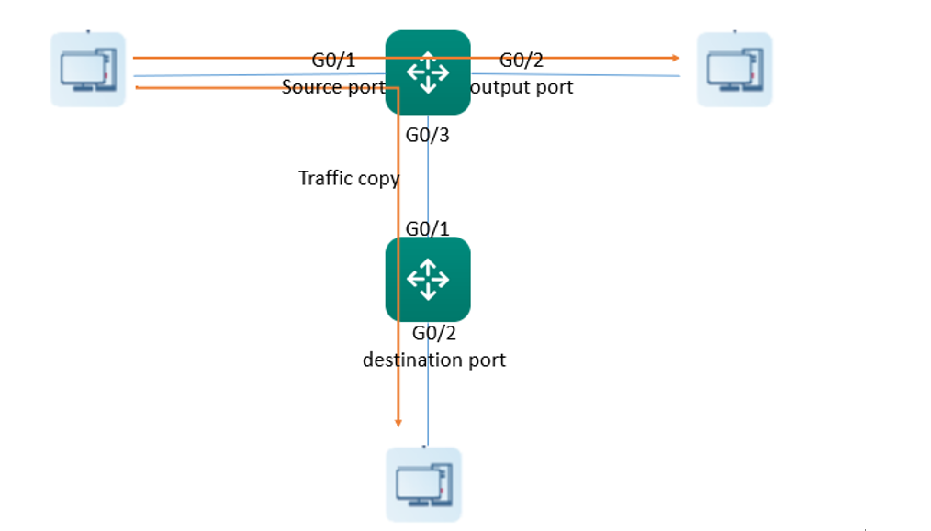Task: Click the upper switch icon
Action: [x=428, y=72]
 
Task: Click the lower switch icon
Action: [x=428, y=280]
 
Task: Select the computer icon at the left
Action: [x=88, y=70]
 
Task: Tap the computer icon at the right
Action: [x=735, y=70]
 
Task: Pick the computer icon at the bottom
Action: [x=423, y=485]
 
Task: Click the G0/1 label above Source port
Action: [x=333, y=60]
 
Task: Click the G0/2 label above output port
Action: [x=522, y=60]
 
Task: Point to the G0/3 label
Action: [x=428, y=135]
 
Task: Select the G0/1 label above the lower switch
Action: [x=428, y=228]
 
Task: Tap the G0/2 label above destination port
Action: [x=434, y=334]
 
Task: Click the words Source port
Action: [x=333, y=87]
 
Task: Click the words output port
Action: [x=522, y=87]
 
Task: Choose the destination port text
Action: [x=434, y=360]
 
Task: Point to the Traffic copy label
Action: [x=349, y=178]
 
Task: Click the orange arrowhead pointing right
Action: [x=676, y=58]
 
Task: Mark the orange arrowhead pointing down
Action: [x=398, y=423]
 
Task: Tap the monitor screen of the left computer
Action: [x=82, y=68]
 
